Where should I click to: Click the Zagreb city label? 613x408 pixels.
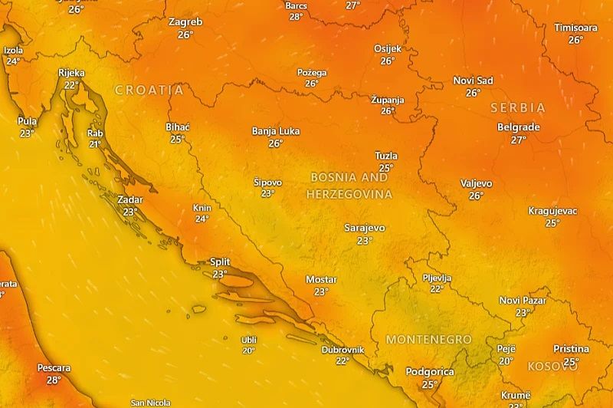(x=185, y=22)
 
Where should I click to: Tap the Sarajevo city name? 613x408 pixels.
(x=365, y=228)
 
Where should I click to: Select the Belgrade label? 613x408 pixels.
(x=519, y=127)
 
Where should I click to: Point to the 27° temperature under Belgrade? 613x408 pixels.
(x=519, y=140)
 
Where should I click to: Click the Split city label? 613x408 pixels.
(x=220, y=262)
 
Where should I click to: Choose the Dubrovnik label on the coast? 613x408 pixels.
(x=343, y=350)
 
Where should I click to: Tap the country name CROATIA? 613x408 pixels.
(x=149, y=90)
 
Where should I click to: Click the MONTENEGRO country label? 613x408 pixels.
(x=428, y=339)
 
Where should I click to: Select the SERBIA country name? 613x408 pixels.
(x=518, y=108)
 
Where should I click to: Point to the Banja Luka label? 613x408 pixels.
(x=276, y=130)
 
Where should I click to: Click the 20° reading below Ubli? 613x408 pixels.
(x=249, y=350)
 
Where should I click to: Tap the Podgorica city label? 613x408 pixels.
(x=430, y=372)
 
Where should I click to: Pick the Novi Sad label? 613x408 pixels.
(x=473, y=81)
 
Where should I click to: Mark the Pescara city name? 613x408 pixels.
(x=54, y=368)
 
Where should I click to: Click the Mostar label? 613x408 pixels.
(x=321, y=279)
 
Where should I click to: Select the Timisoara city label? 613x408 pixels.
(x=575, y=28)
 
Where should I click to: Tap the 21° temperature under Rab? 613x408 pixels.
(x=95, y=143)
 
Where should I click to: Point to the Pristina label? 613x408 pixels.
(x=571, y=349)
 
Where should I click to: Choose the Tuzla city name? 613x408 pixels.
(x=386, y=156)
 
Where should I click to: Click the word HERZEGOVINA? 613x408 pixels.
(x=349, y=195)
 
